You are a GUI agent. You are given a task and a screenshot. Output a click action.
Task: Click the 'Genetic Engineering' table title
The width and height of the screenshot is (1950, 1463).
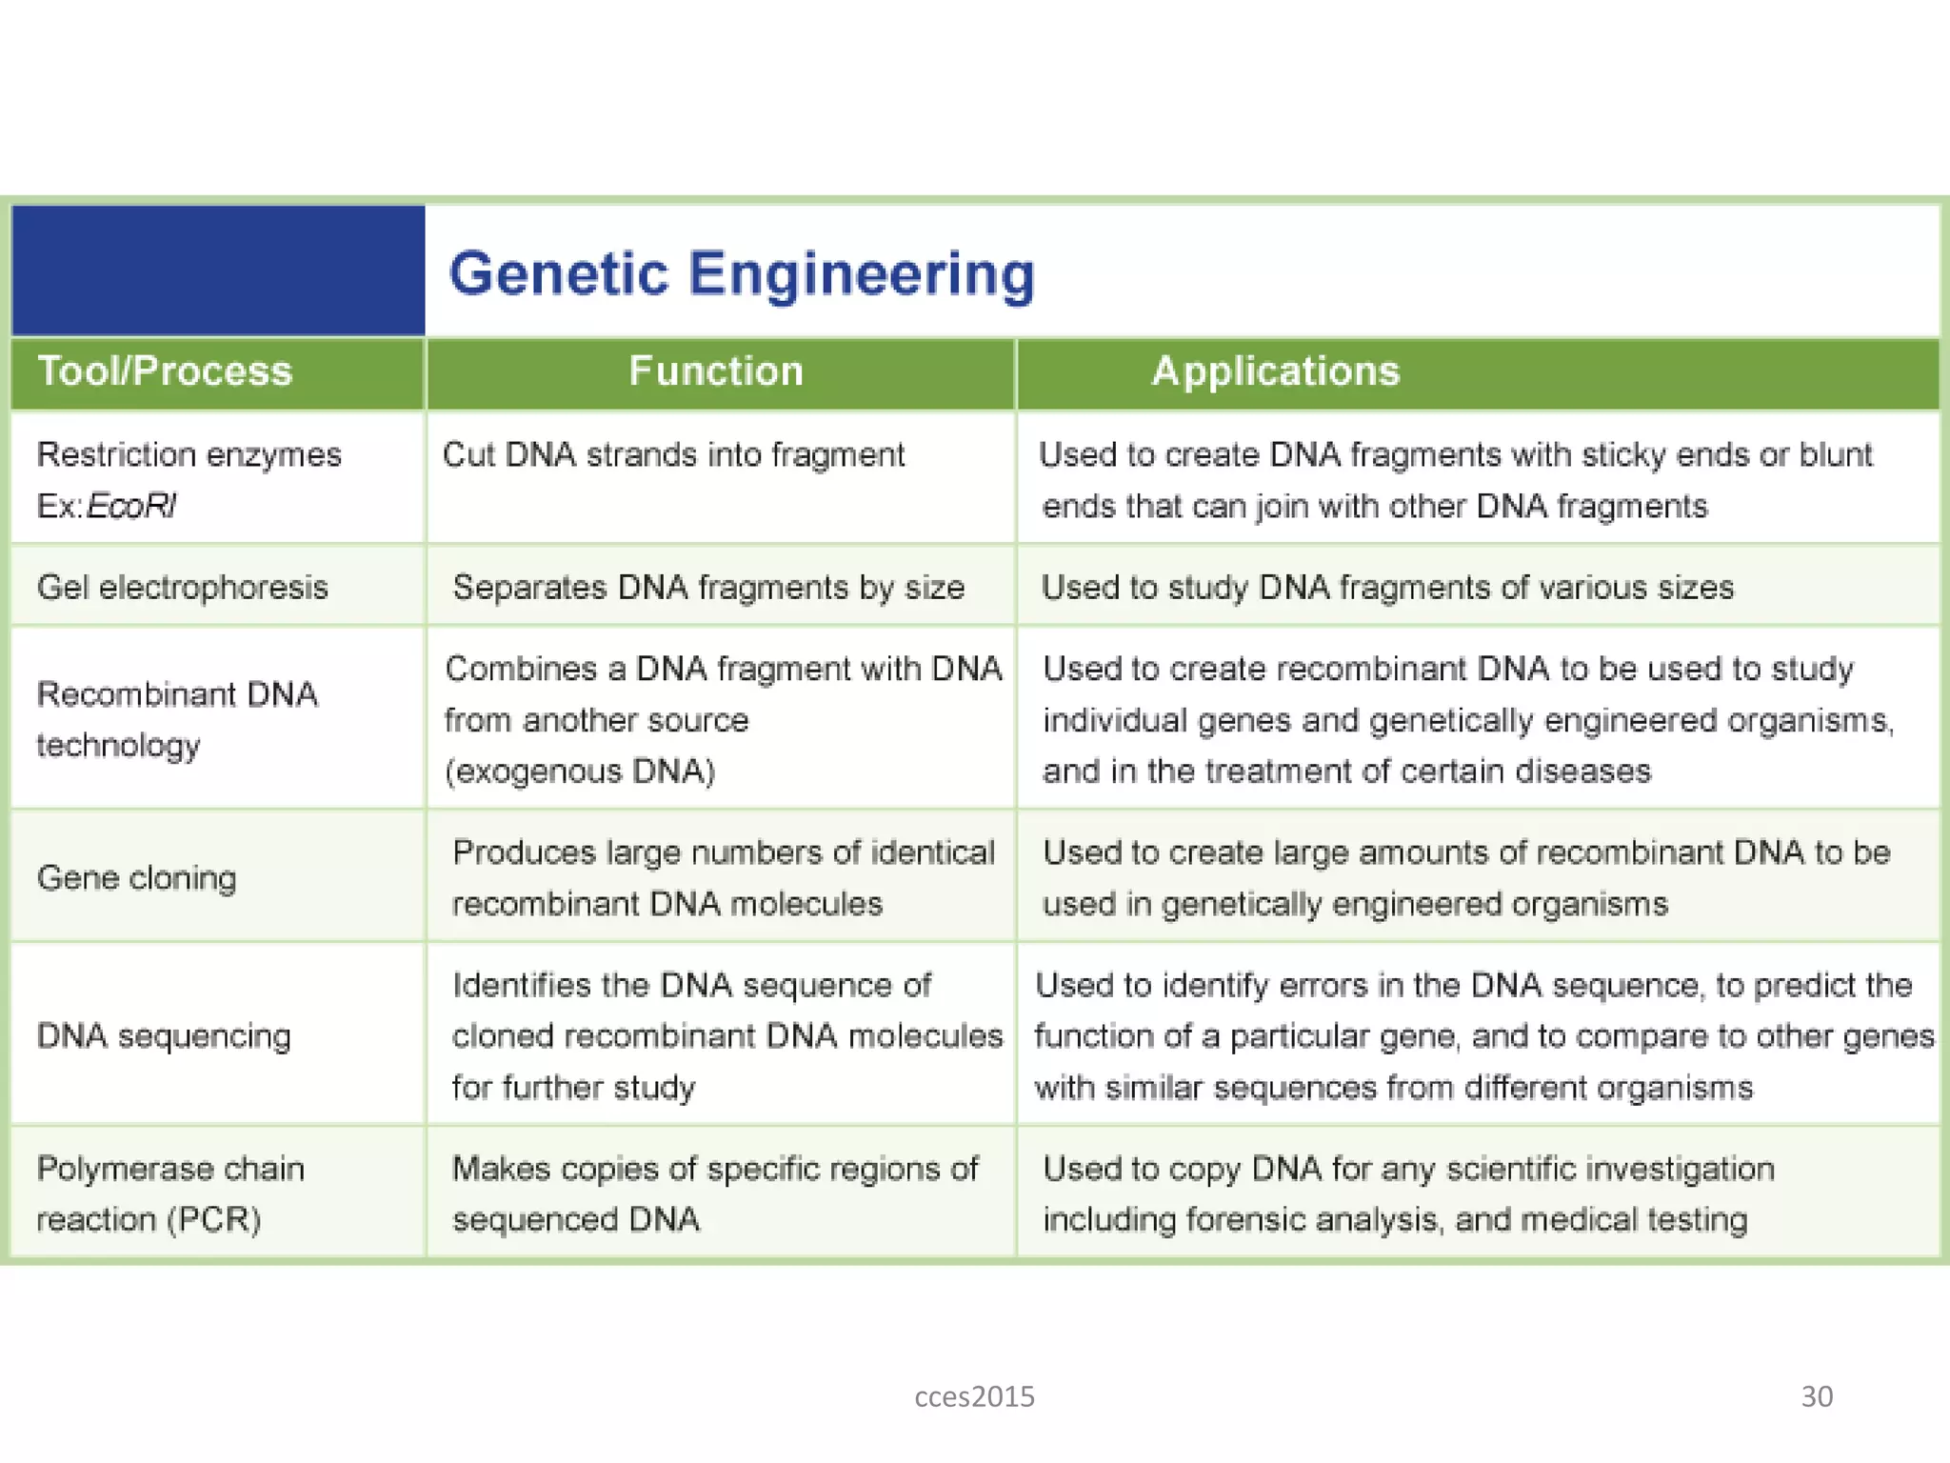(741, 274)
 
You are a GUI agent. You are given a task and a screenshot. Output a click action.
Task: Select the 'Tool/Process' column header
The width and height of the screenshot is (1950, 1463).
(165, 371)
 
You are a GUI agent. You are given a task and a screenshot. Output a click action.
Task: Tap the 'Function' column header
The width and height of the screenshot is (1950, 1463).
(716, 371)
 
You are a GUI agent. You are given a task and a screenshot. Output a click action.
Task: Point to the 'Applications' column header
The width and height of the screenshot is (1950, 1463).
(1276, 371)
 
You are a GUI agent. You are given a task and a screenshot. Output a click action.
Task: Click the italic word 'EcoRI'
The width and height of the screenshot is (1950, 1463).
(131, 506)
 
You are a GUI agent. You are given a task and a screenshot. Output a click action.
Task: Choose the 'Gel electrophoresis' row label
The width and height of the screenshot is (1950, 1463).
(183, 587)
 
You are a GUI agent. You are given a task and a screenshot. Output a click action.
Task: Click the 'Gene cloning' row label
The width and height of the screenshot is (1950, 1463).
(137, 877)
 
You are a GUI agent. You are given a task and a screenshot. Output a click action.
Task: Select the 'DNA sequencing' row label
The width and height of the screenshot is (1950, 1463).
(164, 1035)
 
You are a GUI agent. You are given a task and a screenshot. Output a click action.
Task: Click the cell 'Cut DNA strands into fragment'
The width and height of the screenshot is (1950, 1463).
(673, 455)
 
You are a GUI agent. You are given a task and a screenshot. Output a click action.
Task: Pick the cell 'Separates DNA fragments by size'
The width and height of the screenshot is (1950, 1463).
(708, 587)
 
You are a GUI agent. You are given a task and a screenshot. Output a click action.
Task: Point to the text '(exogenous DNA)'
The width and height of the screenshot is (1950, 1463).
(580, 771)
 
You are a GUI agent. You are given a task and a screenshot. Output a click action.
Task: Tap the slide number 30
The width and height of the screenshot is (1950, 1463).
(1817, 1396)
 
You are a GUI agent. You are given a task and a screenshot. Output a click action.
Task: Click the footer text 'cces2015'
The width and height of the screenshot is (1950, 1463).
(974, 1396)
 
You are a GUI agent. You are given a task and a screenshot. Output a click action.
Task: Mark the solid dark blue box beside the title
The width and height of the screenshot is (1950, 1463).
(218, 271)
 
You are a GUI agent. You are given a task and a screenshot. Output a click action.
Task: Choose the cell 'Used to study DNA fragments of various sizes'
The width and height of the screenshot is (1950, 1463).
(1387, 587)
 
